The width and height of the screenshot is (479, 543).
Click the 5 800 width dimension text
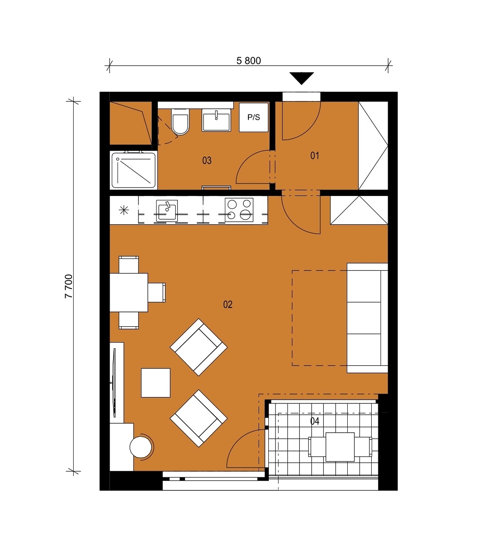pyautogui.click(x=249, y=61)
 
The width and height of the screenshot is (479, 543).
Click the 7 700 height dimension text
pyautogui.click(x=69, y=286)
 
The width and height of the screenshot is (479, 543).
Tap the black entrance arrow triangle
pyautogui.click(x=302, y=78)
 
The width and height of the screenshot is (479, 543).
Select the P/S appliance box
pyautogui.click(x=254, y=117)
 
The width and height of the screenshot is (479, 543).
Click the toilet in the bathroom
pyautogui.click(x=181, y=122)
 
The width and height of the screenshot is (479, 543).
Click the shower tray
pyautogui.click(x=133, y=170)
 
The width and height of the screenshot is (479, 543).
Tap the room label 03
pyautogui.click(x=207, y=160)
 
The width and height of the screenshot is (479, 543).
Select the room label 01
pyautogui.click(x=314, y=156)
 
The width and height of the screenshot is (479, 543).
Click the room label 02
pyautogui.click(x=228, y=305)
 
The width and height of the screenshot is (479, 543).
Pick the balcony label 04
pyautogui.click(x=314, y=421)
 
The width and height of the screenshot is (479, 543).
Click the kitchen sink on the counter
pyautogui.click(x=167, y=211)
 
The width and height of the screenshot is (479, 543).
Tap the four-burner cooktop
pyautogui.click(x=239, y=210)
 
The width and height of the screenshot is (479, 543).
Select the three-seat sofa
pyautogui.click(x=367, y=318)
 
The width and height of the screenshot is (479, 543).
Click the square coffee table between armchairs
pyautogui.click(x=156, y=383)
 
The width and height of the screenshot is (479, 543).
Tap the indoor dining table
pyautogui.click(x=129, y=293)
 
